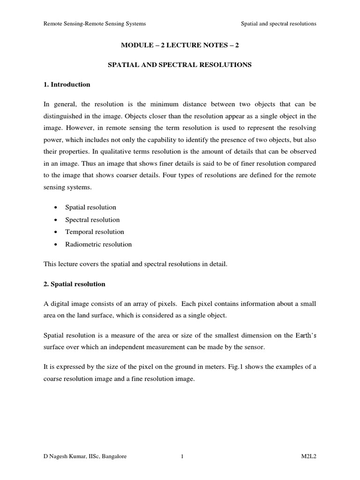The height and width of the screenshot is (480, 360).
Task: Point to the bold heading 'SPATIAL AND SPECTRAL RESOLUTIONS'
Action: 180,65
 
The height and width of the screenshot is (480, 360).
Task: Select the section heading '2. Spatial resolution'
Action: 75,284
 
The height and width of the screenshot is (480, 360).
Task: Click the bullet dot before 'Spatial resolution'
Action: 56,207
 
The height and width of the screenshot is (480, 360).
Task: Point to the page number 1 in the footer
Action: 181,456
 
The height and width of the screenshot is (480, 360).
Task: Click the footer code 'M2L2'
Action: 308,456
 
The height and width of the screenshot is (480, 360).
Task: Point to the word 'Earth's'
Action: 304,335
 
